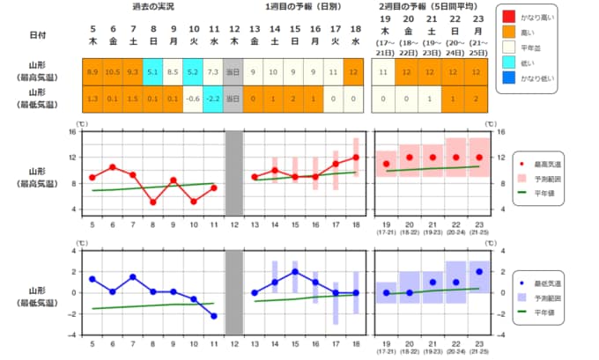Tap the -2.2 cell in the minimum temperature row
point(214,99)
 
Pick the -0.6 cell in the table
point(194,99)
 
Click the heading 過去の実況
point(152,7)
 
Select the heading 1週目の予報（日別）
point(304,7)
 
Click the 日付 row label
point(37,36)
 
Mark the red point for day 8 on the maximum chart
point(153,202)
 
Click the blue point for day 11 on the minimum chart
point(214,316)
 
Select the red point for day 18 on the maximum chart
point(356,158)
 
